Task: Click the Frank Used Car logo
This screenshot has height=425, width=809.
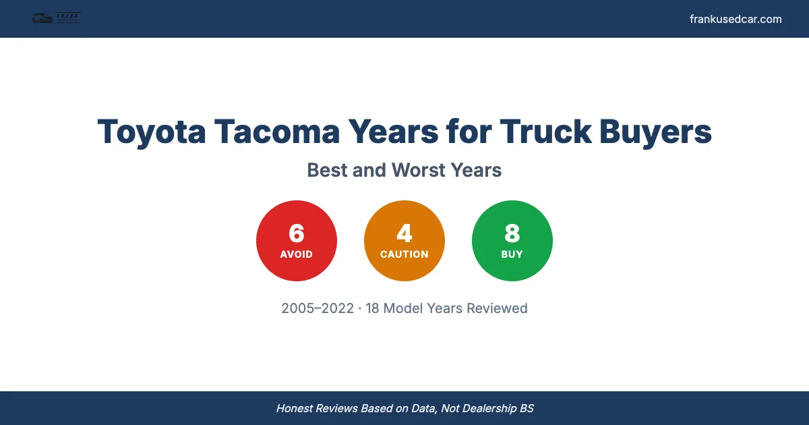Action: pos(56,18)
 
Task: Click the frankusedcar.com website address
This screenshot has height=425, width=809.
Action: pos(736,19)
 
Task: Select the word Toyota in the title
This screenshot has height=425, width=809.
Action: pos(152,131)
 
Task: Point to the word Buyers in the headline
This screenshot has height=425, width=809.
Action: pos(657,131)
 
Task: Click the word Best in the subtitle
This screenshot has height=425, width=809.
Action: pos(327,170)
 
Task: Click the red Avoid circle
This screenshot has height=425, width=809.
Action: pos(297,241)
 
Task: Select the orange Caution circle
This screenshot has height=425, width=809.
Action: pos(404,241)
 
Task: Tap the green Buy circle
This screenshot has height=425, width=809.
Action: pos(512,241)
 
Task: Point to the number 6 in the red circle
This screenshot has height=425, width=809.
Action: pos(297,233)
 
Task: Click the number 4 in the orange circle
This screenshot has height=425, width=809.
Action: pos(404,233)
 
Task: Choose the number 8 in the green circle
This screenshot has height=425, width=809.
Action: pos(512,233)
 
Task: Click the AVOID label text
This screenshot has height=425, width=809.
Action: pos(297,254)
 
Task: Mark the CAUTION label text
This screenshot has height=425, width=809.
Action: pos(404,254)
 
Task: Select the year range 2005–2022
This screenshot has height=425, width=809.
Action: pos(318,308)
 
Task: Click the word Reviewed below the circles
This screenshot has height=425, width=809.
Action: pos(497,308)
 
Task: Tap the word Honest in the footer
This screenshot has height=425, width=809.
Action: pos(295,408)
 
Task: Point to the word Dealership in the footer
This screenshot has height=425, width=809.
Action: pos(484,408)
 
